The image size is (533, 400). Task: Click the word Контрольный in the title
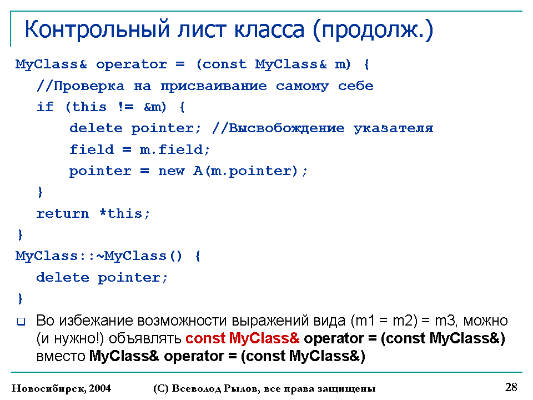(x=97, y=29)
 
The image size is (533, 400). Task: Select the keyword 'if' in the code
(x=45, y=107)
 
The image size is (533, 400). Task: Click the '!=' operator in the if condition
(x=126, y=107)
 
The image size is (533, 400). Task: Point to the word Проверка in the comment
(x=89, y=86)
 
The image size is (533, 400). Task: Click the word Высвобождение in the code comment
(x=286, y=128)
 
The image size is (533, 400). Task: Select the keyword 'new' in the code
(x=172, y=171)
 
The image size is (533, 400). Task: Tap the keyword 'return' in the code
(x=63, y=213)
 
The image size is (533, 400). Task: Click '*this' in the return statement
(x=120, y=213)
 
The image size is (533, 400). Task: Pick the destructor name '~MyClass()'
(x=139, y=256)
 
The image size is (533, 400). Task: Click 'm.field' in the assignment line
(x=171, y=149)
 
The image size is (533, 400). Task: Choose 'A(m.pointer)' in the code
(x=245, y=171)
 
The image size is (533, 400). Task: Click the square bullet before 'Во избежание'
(x=21, y=322)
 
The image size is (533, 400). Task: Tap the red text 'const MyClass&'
(x=243, y=338)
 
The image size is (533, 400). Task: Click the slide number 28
(x=511, y=387)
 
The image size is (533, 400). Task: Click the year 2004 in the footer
(x=100, y=388)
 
